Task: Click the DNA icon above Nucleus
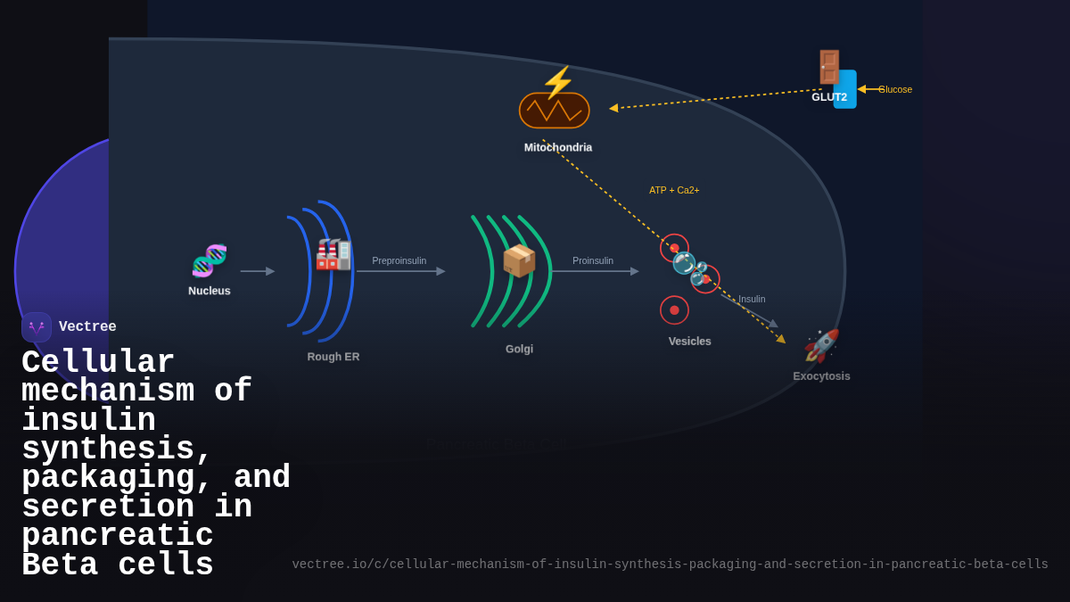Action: tap(210, 260)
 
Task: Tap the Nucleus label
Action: tap(210, 291)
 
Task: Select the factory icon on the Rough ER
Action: tap(333, 254)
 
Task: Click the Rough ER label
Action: tap(333, 357)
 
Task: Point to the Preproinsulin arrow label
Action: tap(399, 260)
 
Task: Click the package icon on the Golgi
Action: tap(519, 260)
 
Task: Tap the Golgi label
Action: tap(519, 349)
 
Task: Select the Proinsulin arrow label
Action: tap(593, 260)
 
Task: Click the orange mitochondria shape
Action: tap(554, 111)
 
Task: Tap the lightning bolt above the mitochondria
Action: tap(558, 81)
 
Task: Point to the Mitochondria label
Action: tap(558, 147)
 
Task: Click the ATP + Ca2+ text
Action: tap(674, 190)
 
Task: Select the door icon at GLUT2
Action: tap(828, 67)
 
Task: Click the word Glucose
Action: tap(895, 89)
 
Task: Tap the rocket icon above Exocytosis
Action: tap(821, 346)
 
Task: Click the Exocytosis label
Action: tap(821, 376)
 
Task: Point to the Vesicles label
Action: tap(690, 341)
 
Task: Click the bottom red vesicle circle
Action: tap(674, 310)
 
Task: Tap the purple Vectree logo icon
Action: tap(37, 327)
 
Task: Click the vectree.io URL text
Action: tap(670, 565)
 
